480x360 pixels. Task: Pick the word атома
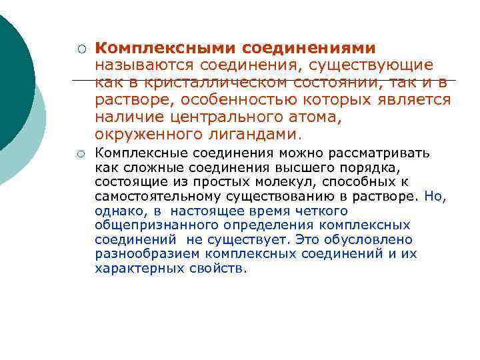tap(285, 117)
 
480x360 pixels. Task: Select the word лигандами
tap(254, 135)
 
